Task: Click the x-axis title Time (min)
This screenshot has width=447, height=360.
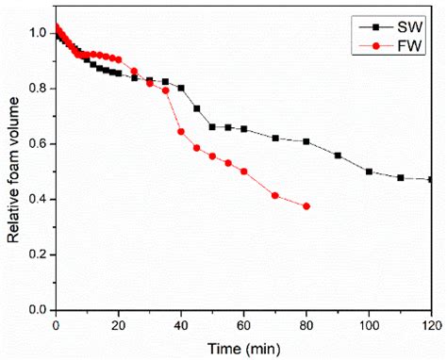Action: pyautogui.click(x=244, y=348)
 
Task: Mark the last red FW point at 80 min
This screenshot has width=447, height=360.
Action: pyautogui.click(x=306, y=205)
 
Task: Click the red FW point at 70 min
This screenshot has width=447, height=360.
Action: pyautogui.click(x=275, y=195)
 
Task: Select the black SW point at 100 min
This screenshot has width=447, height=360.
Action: pyautogui.click(x=369, y=172)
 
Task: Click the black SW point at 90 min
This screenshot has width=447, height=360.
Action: pyautogui.click(x=338, y=155)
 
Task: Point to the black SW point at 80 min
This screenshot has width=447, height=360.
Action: pyautogui.click(x=306, y=141)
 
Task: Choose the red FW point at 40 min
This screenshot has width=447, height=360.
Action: pyautogui.click(x=181, y=131)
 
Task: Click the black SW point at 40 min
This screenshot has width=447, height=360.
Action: pyautogui.click(x=181, y=88)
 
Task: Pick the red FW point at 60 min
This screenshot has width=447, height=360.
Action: pyautogui.click(x=244, y=172)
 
